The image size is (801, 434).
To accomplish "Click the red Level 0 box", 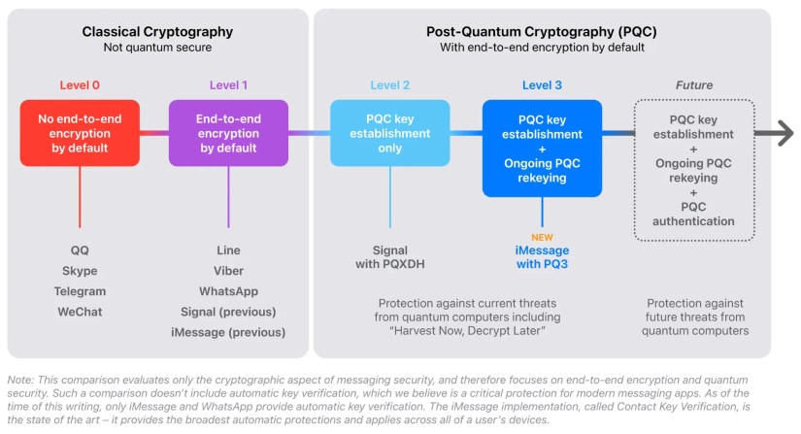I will pyautogui.click(x=81, y=133).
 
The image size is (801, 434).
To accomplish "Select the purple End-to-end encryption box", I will pyautogui.click(x=229, y=133).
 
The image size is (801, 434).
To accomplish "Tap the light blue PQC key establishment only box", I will pyautogui.click(x=391, y=133).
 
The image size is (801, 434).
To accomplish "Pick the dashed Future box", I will pyautogui.click(x=693, y=169).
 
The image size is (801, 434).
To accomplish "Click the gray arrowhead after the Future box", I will pyautogui.click(x=784, y=134).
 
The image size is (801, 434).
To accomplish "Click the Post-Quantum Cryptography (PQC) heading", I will pyautogui.click(x=543, y=30).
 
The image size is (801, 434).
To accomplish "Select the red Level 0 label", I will pyautogui.click(x=80, y=84).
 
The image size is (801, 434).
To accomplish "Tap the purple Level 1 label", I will pyautogui.click(x=229, y=84).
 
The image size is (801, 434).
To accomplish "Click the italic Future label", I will pyautogui.click(x=693, y=84).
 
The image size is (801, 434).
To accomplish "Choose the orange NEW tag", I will pyautogui.click(x=542, y=236).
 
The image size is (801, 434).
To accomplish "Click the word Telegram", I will pyautogui.click(x=80, y=290).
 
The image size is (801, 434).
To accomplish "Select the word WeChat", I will pyautogui.click(x=80, y=311).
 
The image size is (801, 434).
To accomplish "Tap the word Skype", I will pyautogui.click(x=80, y=270).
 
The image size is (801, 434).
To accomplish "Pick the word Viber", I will pyautogui.click(x=229, y=270).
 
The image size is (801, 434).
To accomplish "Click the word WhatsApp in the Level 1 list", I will pyautogui.click(x=229, y=290).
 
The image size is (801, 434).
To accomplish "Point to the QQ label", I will pyautogui.click(x=80, y=250).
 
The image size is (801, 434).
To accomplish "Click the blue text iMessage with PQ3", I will pyautogui.click(x=542, y=257).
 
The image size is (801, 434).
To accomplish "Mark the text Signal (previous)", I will pyautogui.click(x=229, y=311).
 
